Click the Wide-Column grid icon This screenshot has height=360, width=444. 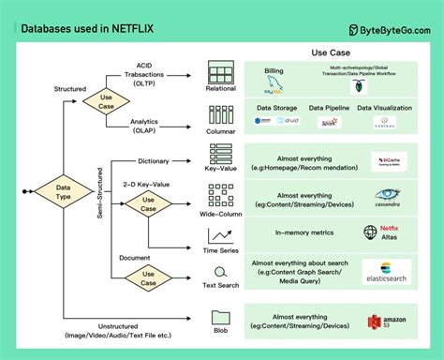[220, 196]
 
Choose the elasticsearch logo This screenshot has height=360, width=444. [387, 273]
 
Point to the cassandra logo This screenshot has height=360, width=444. [387, 199]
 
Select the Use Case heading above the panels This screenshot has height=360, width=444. [332, 54]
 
